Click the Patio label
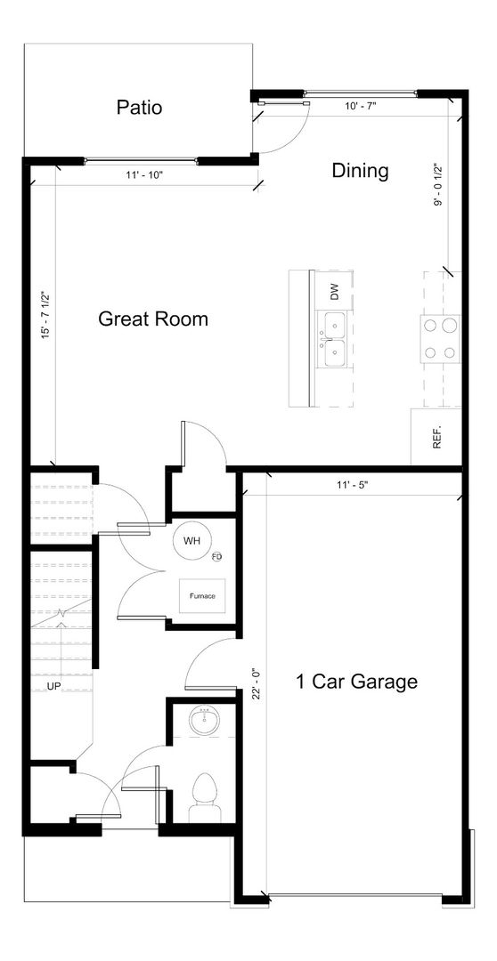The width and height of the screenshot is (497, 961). pos(139,108)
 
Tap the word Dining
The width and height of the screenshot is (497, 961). pos(360,171)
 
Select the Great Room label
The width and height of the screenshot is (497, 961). pos(153,319)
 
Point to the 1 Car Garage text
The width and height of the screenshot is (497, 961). pos(356,682)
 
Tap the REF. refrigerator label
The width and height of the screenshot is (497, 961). pos(437,438)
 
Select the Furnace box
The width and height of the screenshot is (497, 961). pos(202,595)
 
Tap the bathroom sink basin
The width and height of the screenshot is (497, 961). pos(204,722)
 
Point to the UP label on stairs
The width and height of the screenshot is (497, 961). pos(54,686)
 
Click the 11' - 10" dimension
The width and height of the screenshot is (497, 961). pos(144,175)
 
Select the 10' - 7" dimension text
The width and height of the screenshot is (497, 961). pos(360,106)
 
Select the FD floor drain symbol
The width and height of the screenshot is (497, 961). pos(216,556)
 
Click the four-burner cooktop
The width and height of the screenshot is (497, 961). pos(440,337)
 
